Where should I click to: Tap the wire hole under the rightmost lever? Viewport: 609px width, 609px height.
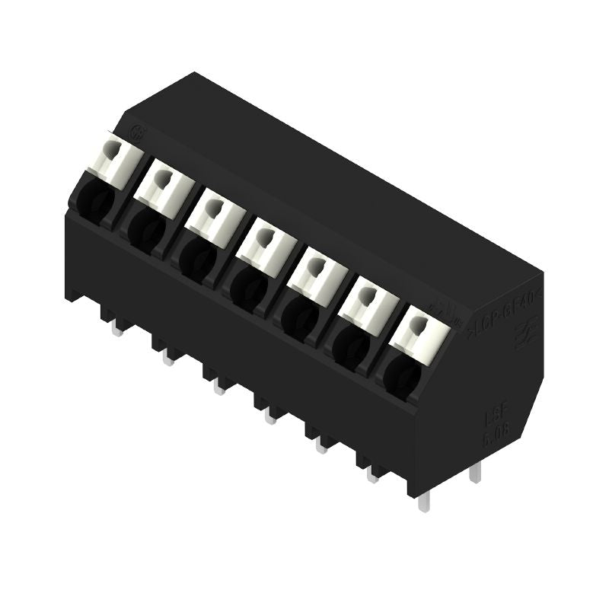pyautogui.click(x=401, y=374)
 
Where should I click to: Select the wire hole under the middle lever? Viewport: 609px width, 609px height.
pyautogui.click(x=245, y=286)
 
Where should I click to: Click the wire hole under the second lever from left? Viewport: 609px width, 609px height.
pyautogui.click(x=145, y=226)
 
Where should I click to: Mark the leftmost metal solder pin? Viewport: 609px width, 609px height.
pyautogui.click(x=117, y=328)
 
